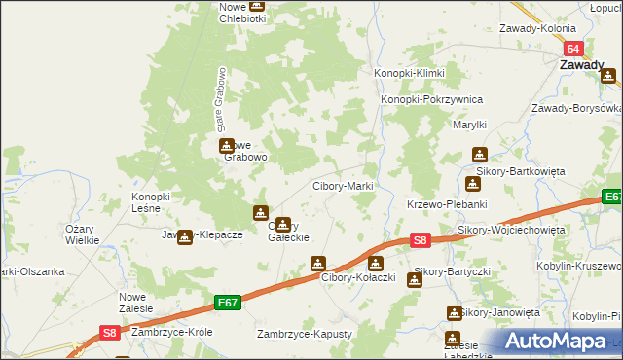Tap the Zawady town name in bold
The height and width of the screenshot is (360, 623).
581,65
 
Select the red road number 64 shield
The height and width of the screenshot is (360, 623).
574,49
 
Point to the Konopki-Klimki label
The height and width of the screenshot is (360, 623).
410,74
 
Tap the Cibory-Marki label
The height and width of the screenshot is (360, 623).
342,186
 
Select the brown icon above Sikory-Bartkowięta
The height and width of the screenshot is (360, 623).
479,154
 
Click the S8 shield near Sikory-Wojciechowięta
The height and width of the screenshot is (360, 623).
420,239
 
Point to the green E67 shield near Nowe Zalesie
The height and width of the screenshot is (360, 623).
228,304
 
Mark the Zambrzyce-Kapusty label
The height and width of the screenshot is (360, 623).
304,334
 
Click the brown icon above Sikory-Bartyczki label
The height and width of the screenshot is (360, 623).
414,280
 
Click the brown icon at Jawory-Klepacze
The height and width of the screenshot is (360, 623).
184,235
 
